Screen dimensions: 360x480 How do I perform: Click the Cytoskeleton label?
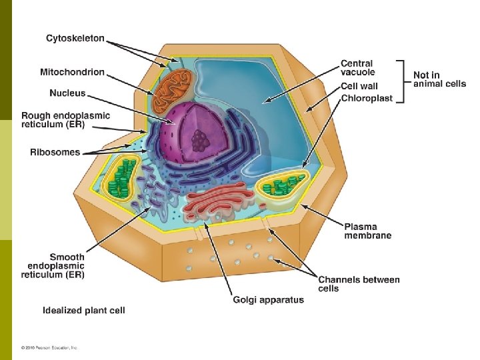click(x=75, y=39)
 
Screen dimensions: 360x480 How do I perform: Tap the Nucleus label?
click(x=67, y=93)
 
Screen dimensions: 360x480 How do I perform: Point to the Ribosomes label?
click(x=55, y=152)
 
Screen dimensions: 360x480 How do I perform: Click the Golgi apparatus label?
click(x=268, y=300)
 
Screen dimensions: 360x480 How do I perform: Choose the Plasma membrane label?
click(x=367, y=230)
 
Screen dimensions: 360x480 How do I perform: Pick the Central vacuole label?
click(x=358, y=67)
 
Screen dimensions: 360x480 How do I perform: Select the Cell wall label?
click(x=359, y=86)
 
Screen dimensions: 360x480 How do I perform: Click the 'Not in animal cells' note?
click(x=439, y=79)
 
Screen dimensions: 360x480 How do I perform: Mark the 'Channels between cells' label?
click(x=359, y=284)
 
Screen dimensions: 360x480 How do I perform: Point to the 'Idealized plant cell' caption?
click(x=84, y=310)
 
